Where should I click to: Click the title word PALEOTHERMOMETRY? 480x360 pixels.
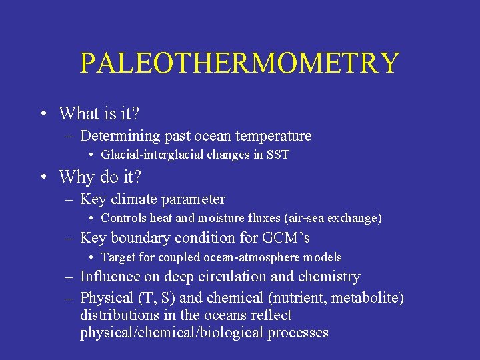pyautogui.click(x=239, y=63)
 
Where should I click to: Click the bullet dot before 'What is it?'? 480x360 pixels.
pyautogui.click(x=42, y=114)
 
